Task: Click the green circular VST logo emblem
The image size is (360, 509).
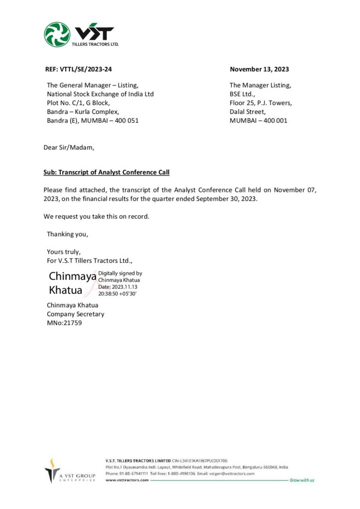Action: (57, 34)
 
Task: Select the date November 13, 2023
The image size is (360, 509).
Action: (259, 70)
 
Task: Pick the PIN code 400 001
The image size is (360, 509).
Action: (275, 121)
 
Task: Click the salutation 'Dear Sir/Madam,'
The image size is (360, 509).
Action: (68, 147)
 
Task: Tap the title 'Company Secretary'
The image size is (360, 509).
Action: (76, 314)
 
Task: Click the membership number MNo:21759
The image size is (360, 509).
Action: (65, 323)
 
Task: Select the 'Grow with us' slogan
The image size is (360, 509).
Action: (302, 480)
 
